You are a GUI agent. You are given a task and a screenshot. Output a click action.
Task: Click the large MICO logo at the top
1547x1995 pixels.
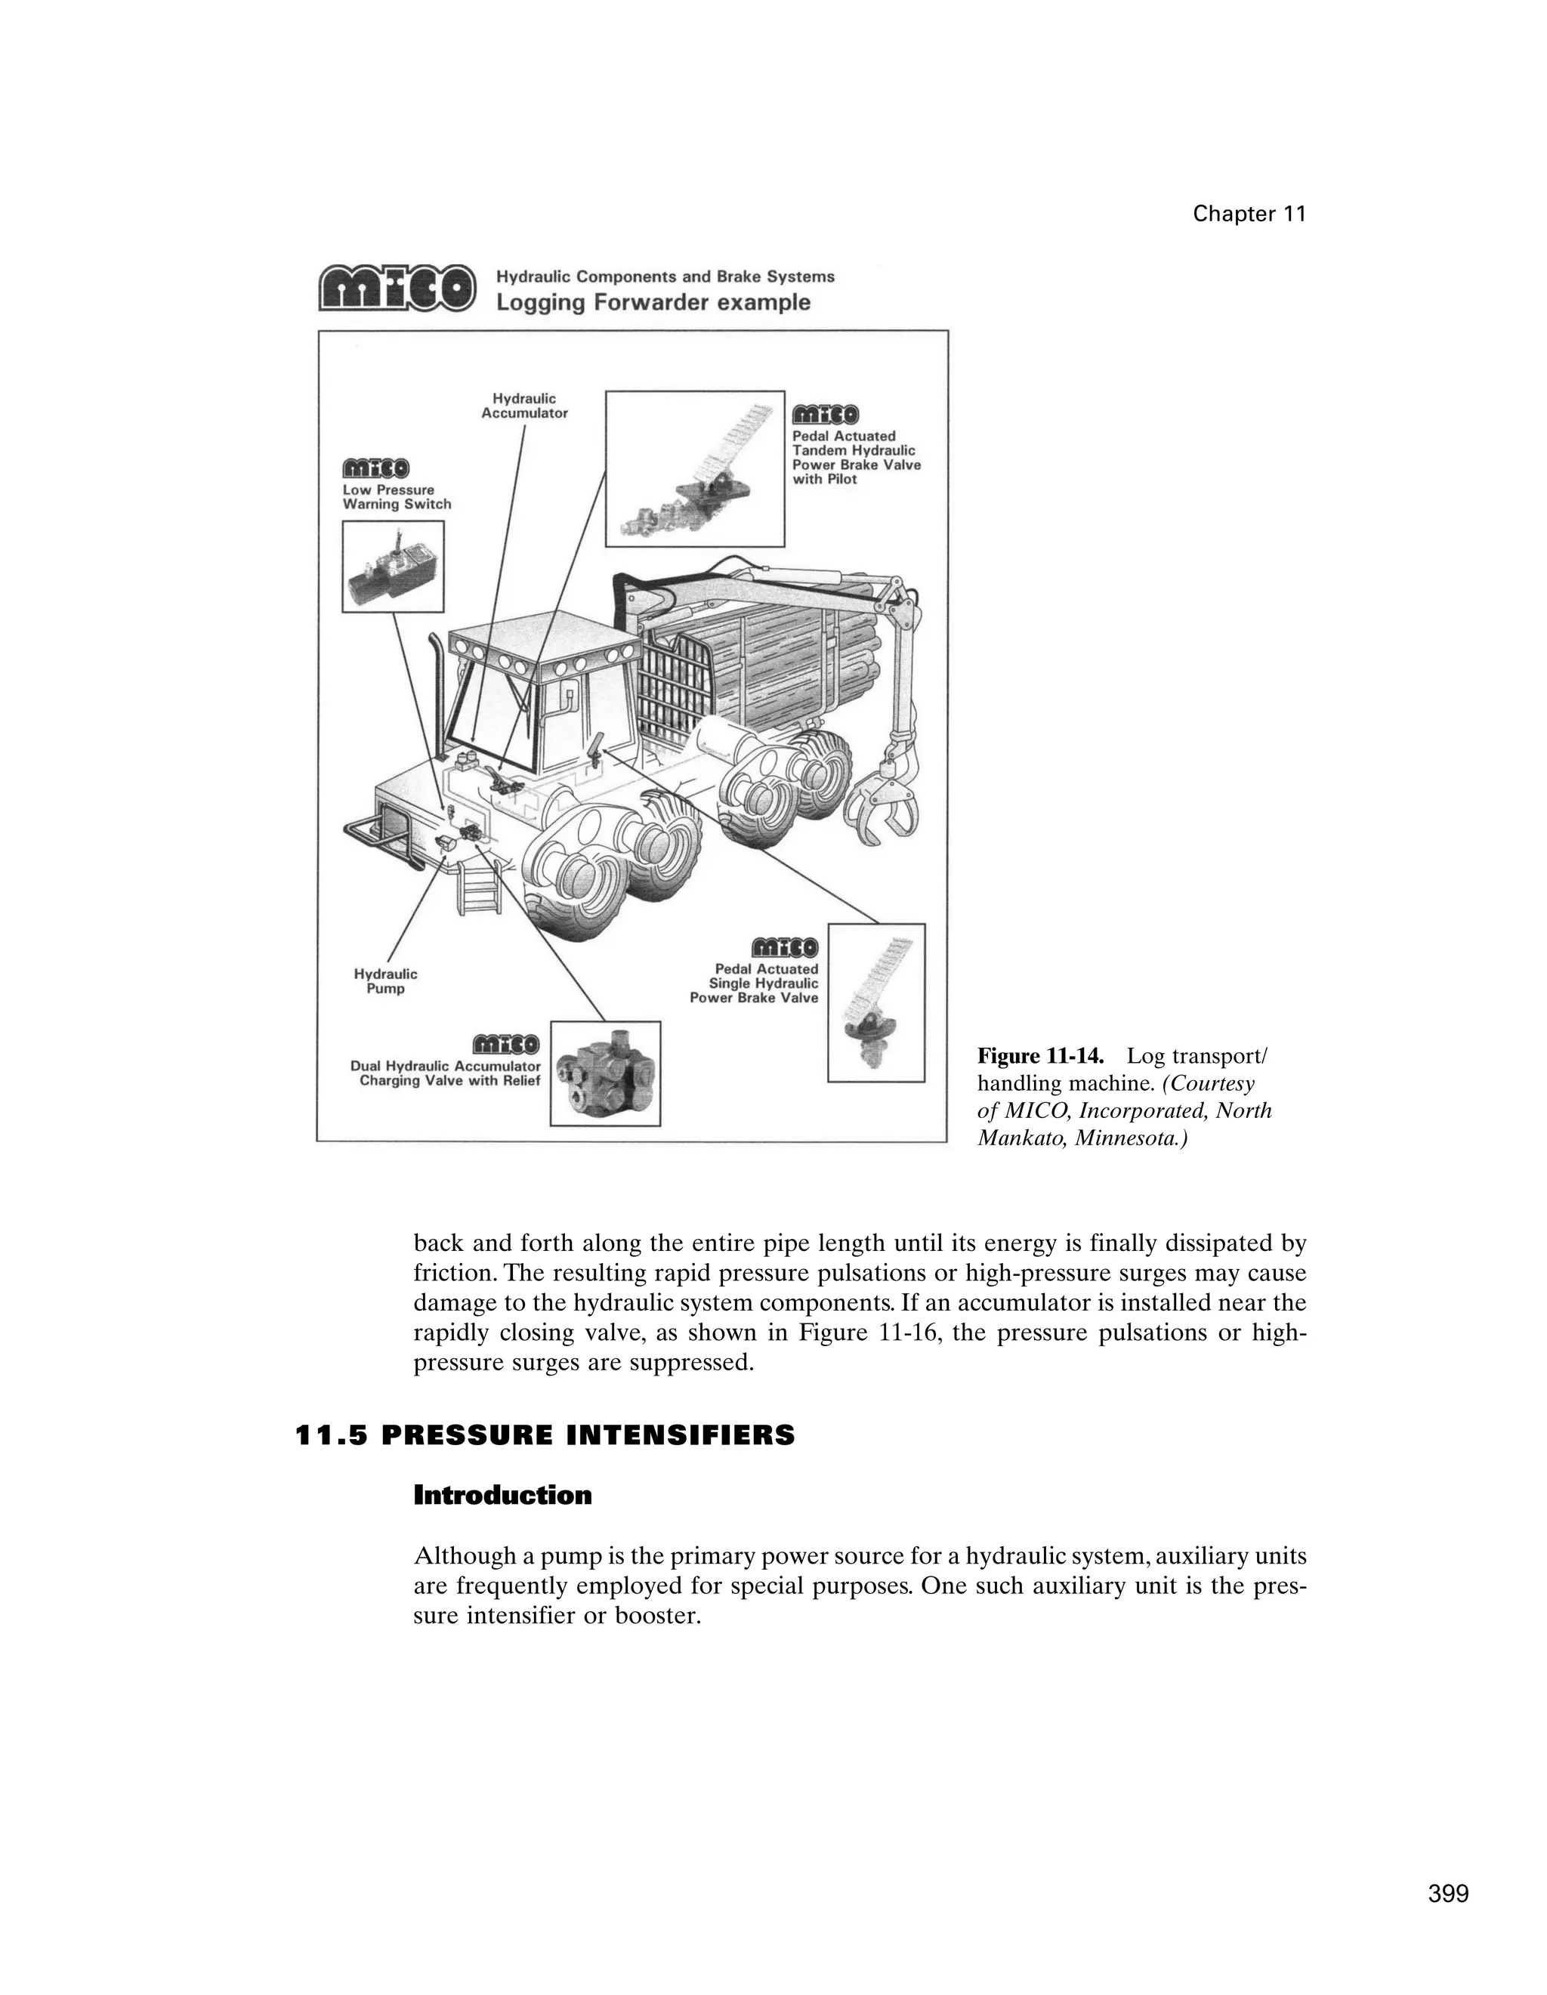tap(397, 288)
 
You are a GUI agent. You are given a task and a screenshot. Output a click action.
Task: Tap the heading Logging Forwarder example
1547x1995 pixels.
tap(652, 302)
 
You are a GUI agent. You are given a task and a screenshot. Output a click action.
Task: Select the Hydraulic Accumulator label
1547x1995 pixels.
tap(524, 406)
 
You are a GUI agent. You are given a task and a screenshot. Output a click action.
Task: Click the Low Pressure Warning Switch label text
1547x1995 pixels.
tap(397, 497)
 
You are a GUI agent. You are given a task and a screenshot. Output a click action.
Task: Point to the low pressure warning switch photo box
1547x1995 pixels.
tap(393, 567)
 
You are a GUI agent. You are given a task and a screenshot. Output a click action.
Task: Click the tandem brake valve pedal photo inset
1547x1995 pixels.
tap(694, 468)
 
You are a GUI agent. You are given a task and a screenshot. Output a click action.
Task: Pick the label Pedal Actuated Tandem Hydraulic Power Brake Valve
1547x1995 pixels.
tap(856, 458)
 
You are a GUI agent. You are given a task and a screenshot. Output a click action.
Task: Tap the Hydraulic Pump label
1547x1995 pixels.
tap(385, 981)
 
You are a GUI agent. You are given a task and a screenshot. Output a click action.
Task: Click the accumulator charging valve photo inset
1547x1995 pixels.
tap(604, 1073)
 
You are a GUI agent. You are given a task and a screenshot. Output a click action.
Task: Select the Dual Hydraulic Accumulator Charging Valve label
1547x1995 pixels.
tap(446, 1073)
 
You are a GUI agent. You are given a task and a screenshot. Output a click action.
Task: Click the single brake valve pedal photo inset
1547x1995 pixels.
tap(875, 1002)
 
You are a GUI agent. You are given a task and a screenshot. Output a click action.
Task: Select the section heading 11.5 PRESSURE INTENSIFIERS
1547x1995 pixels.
tap(545, 1436)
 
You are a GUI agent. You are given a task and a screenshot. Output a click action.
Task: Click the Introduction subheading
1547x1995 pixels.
tap(502, 1496)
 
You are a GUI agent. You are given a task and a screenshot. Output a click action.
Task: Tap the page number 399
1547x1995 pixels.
tap(1447, 1894)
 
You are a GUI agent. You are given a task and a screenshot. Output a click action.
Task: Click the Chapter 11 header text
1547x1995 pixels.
tap(1249, 214)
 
